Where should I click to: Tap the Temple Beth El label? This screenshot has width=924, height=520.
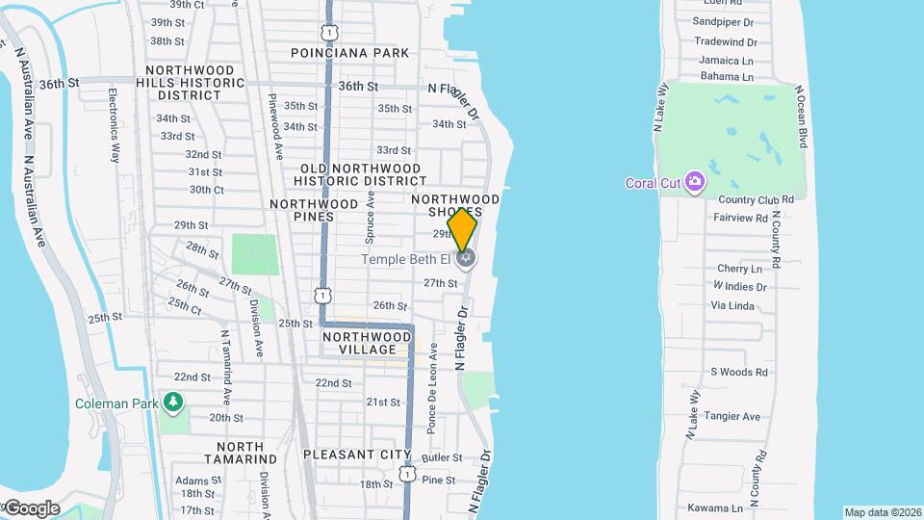[x=405, y=259]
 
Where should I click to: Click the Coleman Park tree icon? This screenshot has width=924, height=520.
[x=173, y=402]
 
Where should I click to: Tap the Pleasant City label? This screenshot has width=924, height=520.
[x=357, y=455]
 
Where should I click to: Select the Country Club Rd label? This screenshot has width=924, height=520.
[x=756, y=199]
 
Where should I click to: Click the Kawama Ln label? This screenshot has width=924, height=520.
[x=715, y=507]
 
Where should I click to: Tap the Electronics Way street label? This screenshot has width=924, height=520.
[x=114, y=125]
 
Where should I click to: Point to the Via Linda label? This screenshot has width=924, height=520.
[x=732, y=305]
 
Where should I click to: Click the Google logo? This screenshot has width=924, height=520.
[x=31, y=507]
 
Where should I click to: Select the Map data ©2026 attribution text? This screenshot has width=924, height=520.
[x=883, y=512]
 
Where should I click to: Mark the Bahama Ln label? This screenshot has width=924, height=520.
[x=727, y=76]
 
